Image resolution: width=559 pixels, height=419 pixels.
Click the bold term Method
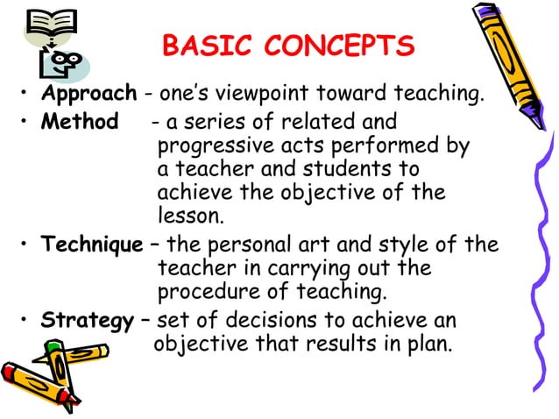[x=80, y=121]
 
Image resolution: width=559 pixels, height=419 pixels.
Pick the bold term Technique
[x=92, y=245]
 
